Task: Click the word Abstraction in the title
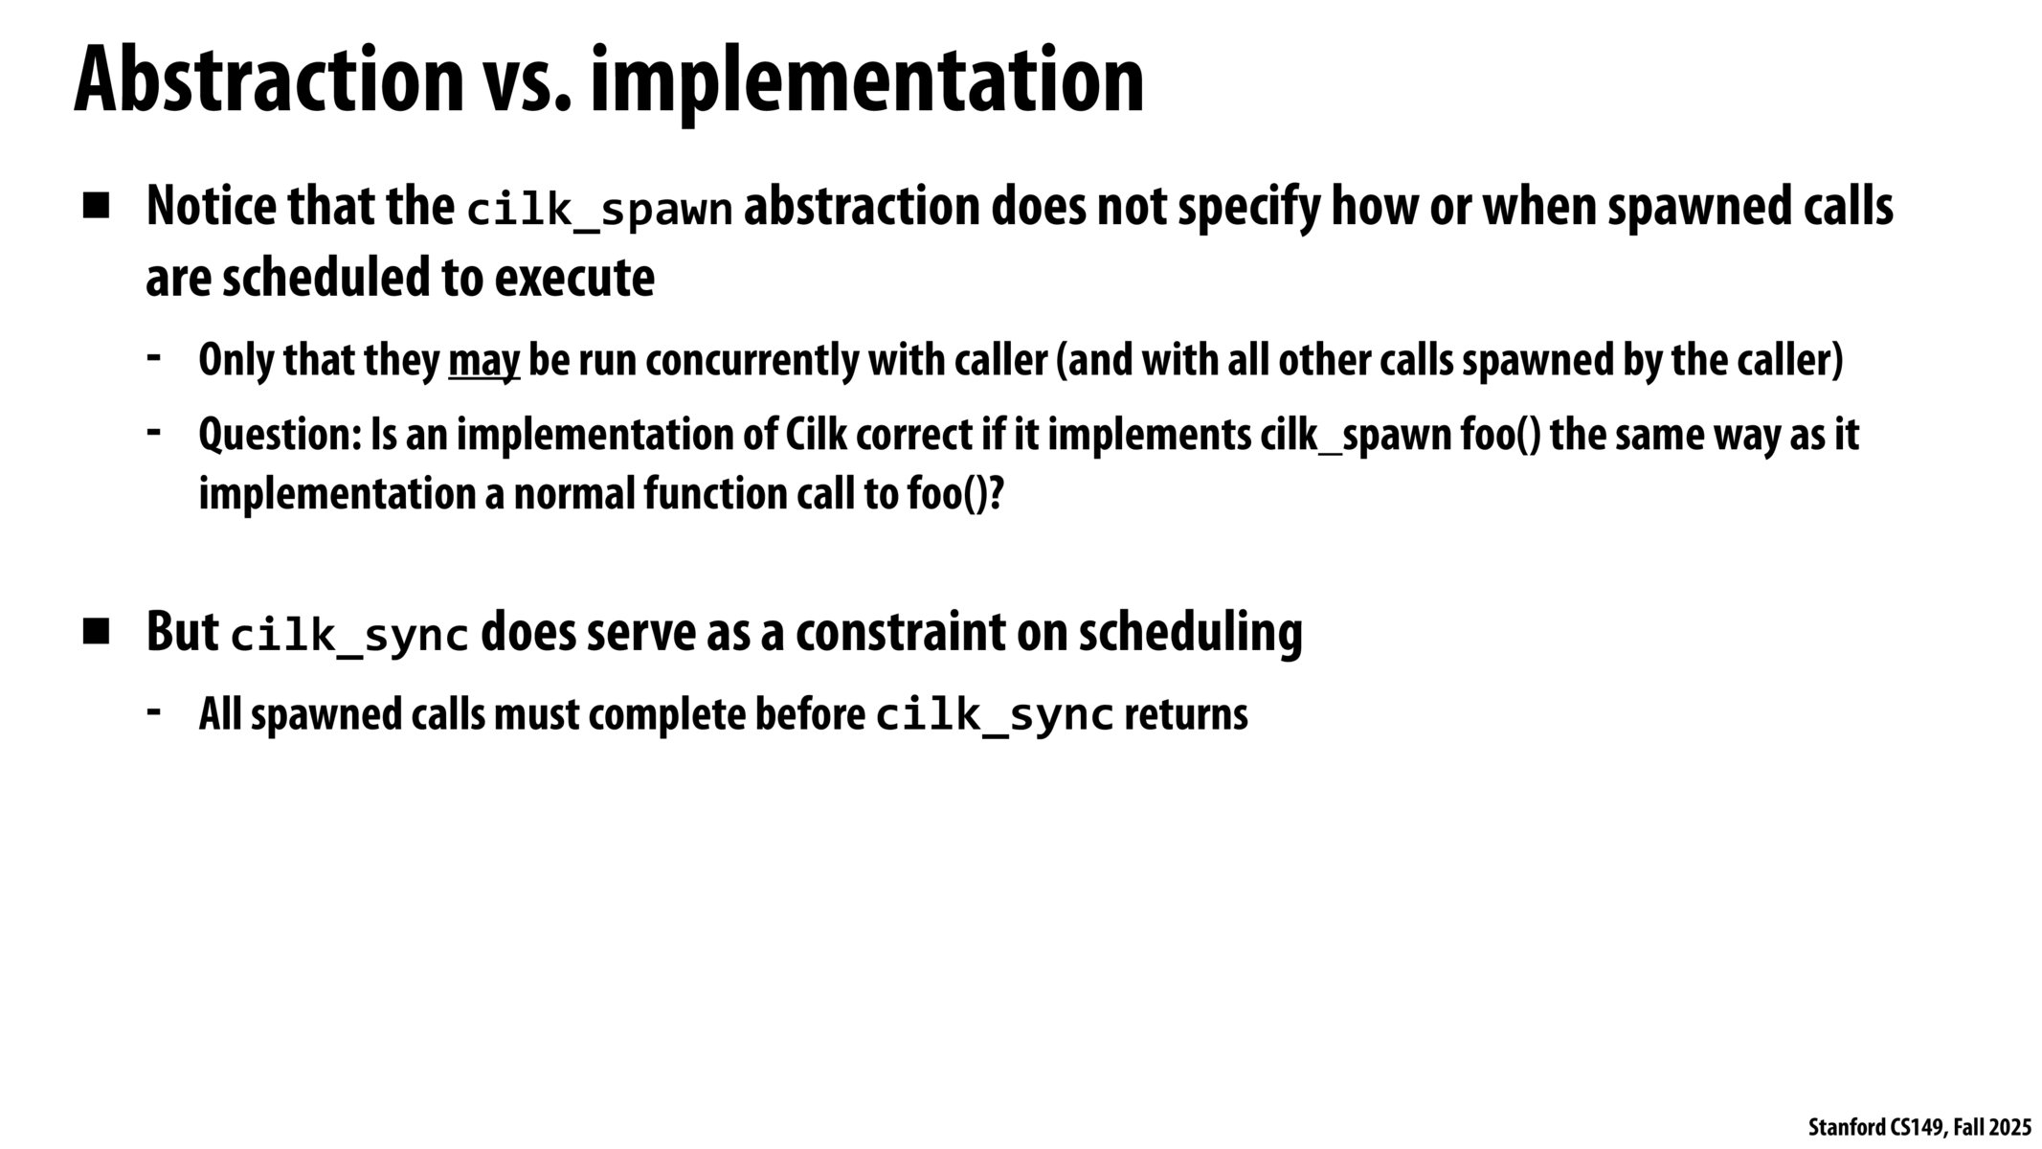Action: click(x=268, y=81)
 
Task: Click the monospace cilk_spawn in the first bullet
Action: click(x=599, y=210)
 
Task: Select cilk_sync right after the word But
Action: click(x=349, y=636)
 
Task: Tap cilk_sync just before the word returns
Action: click(x=995, y=716)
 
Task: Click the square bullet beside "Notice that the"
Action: click(x=97, y=207)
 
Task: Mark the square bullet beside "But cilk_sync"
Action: click(x=97, y=632)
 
